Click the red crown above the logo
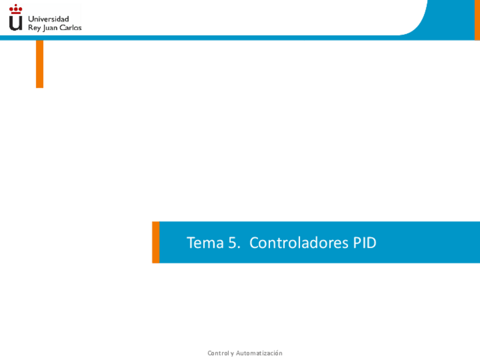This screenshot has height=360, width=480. [x=16, y=9]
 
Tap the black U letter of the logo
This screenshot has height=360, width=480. [x=16, y=23]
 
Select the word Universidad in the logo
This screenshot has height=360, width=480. [x=48, y=19]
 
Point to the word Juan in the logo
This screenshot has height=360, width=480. [x=50, y=28]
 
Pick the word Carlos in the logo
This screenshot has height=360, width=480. [x=70, y=28]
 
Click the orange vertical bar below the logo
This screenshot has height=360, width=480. [x=40, y=64]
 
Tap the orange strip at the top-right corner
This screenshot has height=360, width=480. [x=477, y=20]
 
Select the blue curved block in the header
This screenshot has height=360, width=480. [x=450, y=18]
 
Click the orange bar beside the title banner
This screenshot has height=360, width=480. [x=156, y=242]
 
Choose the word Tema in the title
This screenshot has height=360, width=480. [x=205, y=243]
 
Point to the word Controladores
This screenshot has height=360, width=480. [x=299, y=243]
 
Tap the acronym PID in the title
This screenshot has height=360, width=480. [x=365, y=243]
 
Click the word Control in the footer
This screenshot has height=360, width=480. [x=218, y=353]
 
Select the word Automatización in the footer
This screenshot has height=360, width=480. [x=259, y=353]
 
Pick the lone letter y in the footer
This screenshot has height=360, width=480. [x=232, y=354]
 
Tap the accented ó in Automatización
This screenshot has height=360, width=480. [x=276, y=353]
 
